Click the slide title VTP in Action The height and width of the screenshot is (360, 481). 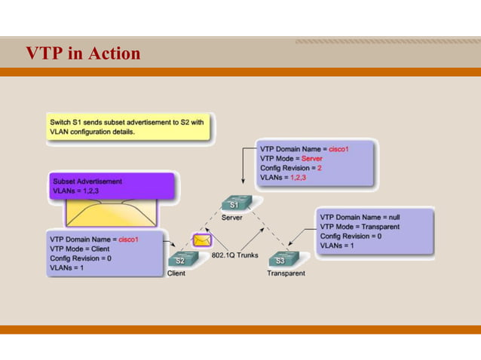click(x=83, y=53)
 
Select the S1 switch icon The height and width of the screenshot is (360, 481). click(x=234, y=203)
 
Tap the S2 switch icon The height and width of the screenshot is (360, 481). click(x=180, y=259)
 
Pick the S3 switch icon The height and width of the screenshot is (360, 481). click(x=280, y=259)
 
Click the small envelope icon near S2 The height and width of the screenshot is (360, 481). click(x=201, y=241)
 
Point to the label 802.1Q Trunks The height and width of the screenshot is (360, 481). click(x=234, y=255)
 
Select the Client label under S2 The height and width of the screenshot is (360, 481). click(x=176, y=273)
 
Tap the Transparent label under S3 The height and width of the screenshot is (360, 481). click(x=286, y=273)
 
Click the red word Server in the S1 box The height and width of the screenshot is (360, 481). click(x=311, y=159)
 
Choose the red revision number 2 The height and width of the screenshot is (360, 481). click(x=319, y=169)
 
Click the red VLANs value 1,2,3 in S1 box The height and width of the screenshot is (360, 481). click(x=302, y=178)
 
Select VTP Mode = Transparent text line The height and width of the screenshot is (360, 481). click(x=360, y=226)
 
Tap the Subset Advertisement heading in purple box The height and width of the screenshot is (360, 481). click(x=87, y=182)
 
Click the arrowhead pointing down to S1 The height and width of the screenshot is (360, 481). click(x=242, y=183)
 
